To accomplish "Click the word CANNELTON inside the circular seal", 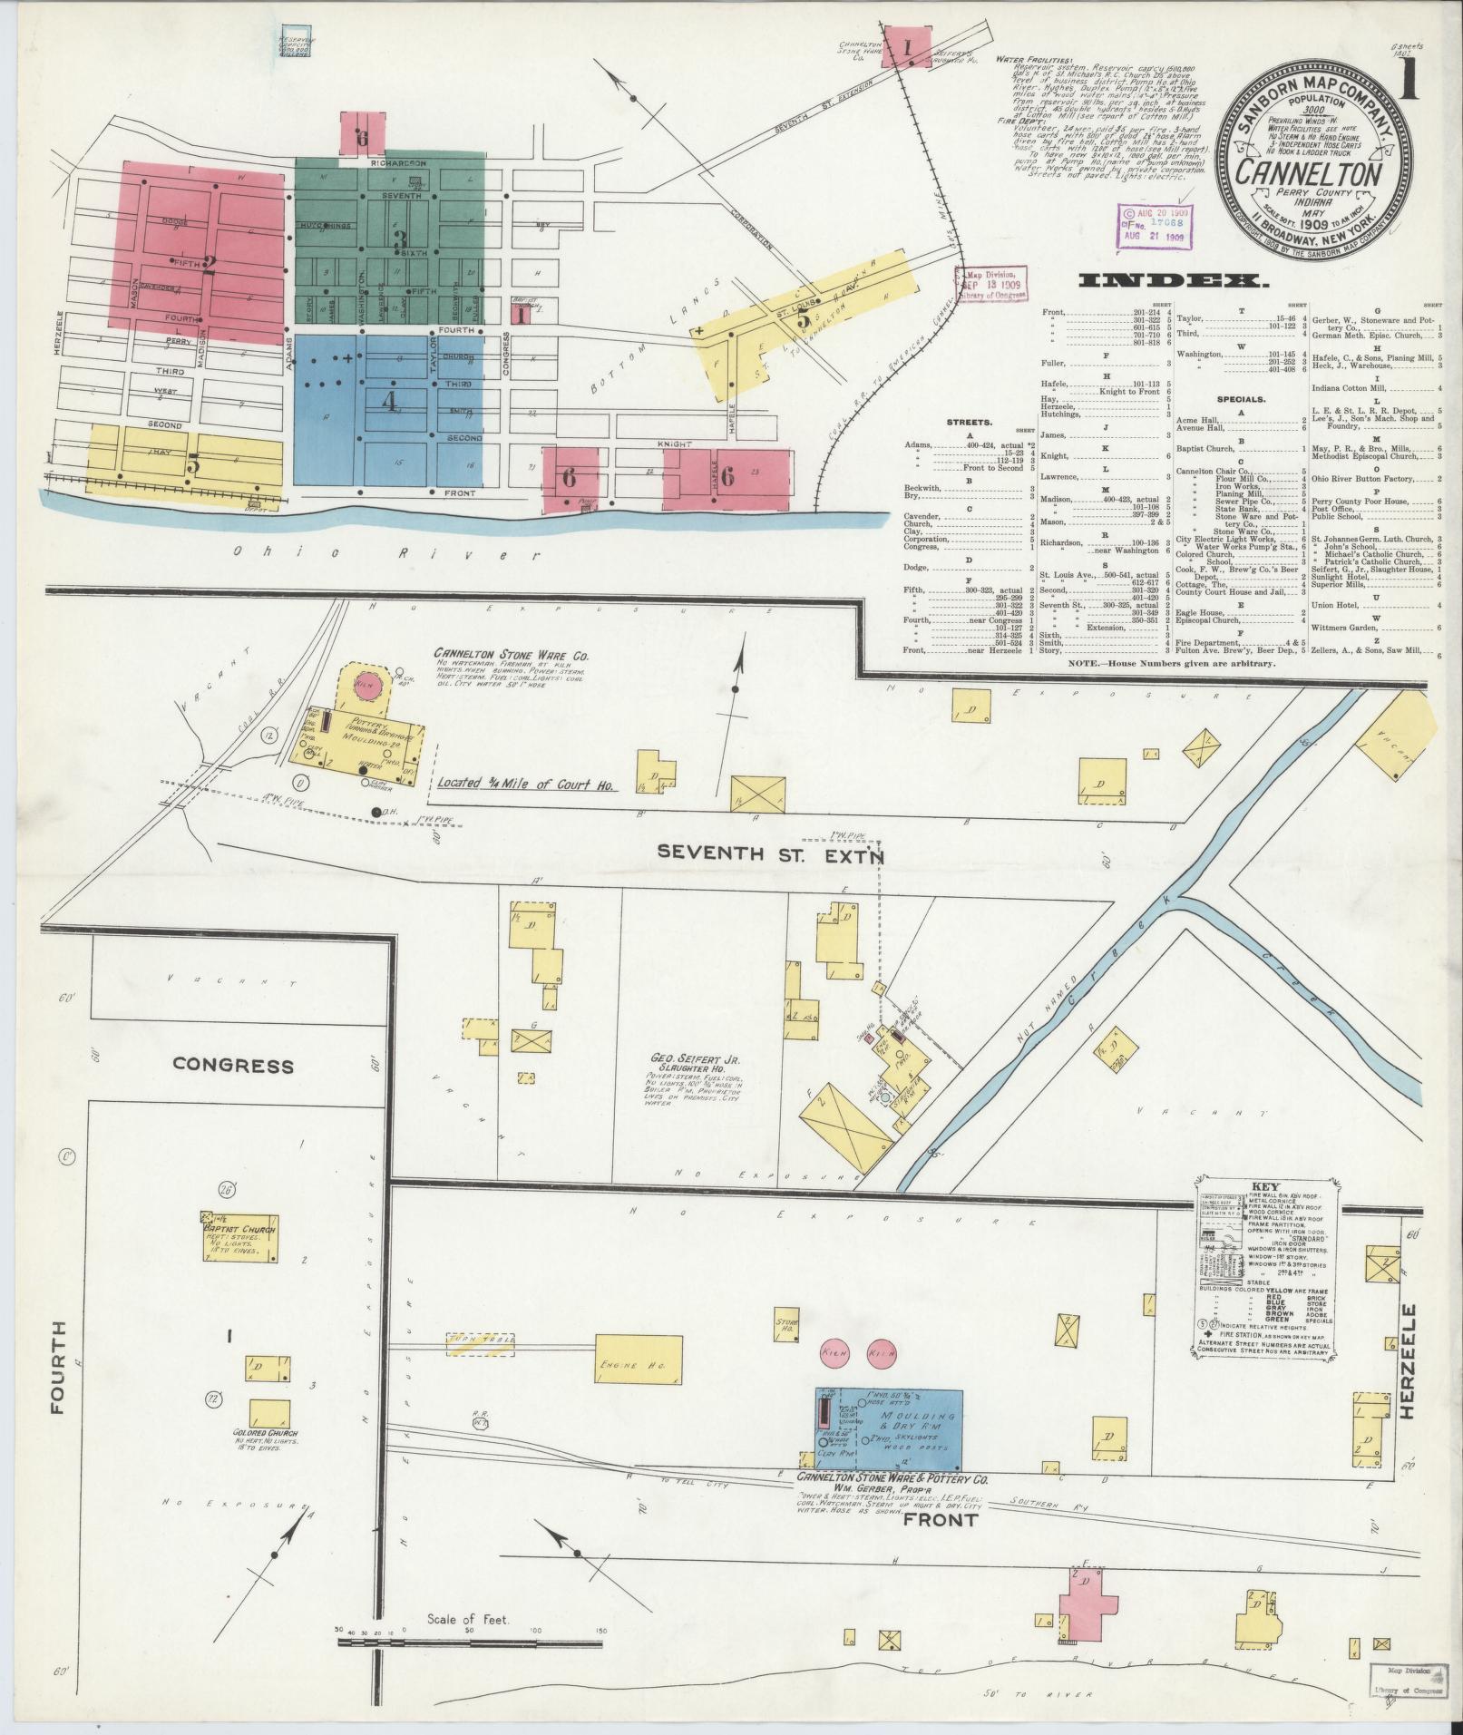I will point(1303,171).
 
